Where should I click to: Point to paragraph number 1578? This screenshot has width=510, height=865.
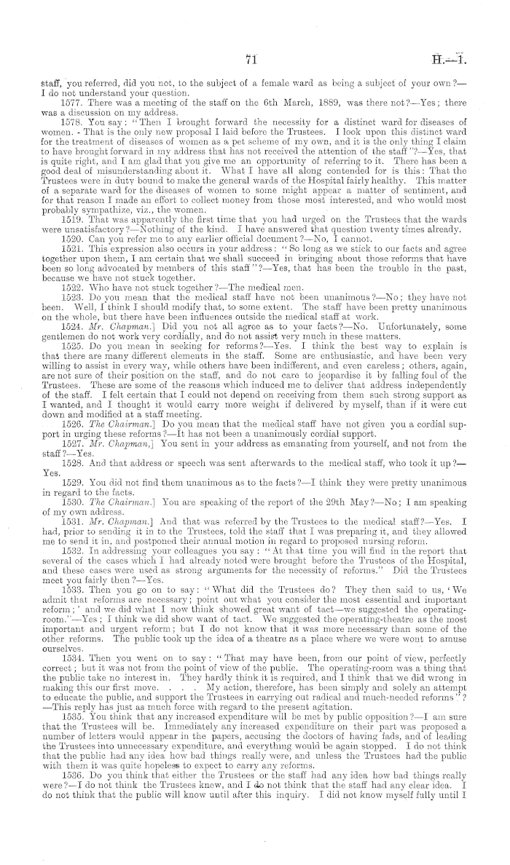click(x=71, y=125)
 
